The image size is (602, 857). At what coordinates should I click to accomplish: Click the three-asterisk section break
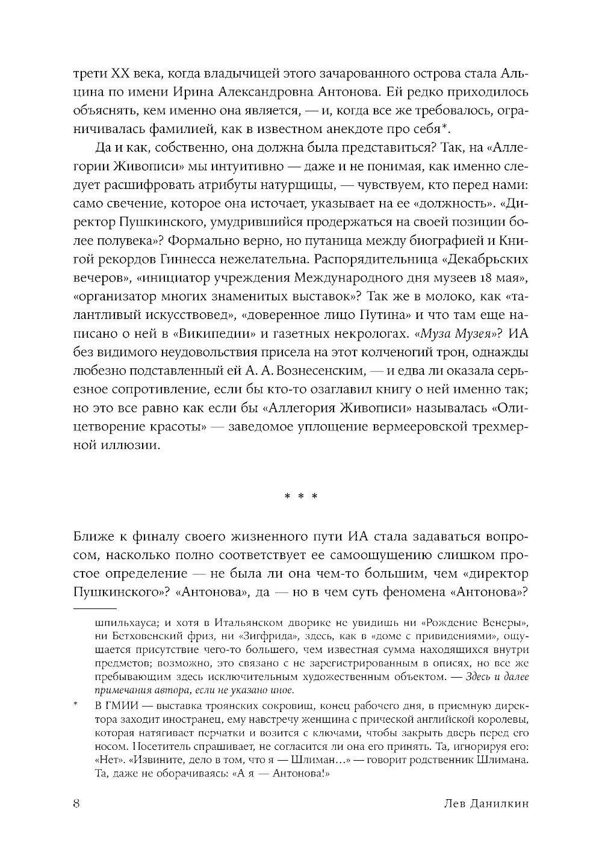point(301,497)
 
